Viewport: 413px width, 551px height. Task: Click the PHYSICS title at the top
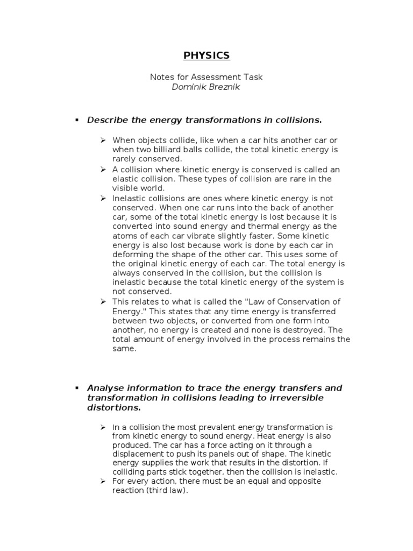[206, 55]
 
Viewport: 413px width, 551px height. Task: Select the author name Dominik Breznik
[206, 87]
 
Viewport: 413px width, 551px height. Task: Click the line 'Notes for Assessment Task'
[206, 77]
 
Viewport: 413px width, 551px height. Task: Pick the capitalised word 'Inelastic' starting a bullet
[129, 199]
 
